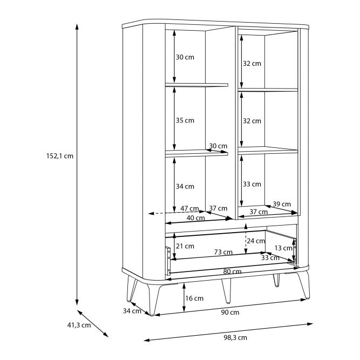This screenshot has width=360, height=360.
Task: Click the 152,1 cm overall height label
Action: click(60, 156)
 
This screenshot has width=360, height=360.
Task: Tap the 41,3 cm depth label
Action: click(79, 325)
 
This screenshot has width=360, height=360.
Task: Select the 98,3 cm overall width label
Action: click(235, 337)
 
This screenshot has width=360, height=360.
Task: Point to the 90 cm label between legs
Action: click(230, 313)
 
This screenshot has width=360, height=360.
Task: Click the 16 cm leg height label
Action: click(194, 298)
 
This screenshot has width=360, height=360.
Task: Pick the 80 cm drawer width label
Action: click(232, 271)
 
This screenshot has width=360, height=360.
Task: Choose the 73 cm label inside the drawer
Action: click(223, 252)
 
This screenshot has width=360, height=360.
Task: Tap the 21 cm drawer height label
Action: click(185, 246)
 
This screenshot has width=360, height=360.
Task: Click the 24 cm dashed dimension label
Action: click(256, 241)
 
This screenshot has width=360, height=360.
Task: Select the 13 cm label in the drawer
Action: click(283, 248)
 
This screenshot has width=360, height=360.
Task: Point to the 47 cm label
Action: click(189, 208)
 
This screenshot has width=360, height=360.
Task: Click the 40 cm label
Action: click(195, 218)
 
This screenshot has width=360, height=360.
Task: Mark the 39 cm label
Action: click(282, 204)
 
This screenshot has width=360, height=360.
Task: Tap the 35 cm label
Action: click(185, 120)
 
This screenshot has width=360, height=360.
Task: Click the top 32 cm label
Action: click(252, 64)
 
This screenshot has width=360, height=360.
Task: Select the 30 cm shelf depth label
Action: click(218, 146)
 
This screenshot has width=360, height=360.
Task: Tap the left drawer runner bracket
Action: click(168, 261)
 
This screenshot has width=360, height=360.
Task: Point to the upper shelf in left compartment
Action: click(197, 85)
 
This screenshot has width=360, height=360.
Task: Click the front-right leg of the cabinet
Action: click(304, 285)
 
